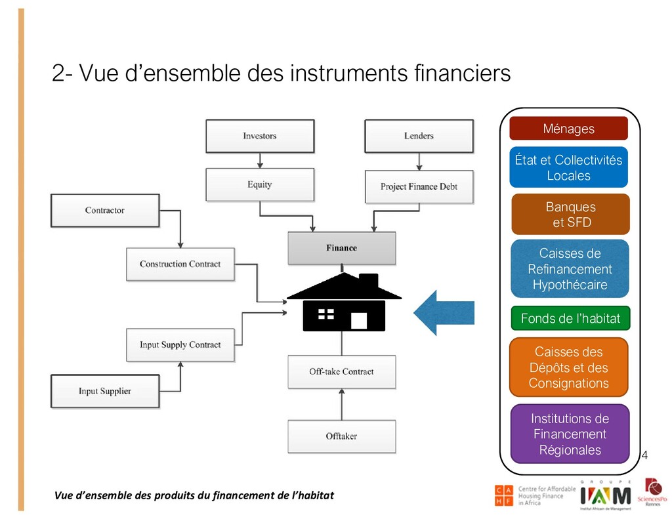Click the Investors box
[260, 136]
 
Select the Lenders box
[419, 136]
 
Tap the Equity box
[260, 184]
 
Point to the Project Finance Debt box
[419, 186]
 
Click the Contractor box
[105, 211]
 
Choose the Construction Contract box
[180, 264]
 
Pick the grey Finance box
[342, 248]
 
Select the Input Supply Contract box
[180, 344]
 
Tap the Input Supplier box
[105, 391]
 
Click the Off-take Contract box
[342, 372]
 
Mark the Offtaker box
[342, 436]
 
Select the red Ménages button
[568, 129]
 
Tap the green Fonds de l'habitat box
[570, 319]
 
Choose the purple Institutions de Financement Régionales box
[570, 434]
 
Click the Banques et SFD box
[570, 215]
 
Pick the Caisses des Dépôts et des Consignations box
[568, 367]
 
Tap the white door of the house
[359, 320]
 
